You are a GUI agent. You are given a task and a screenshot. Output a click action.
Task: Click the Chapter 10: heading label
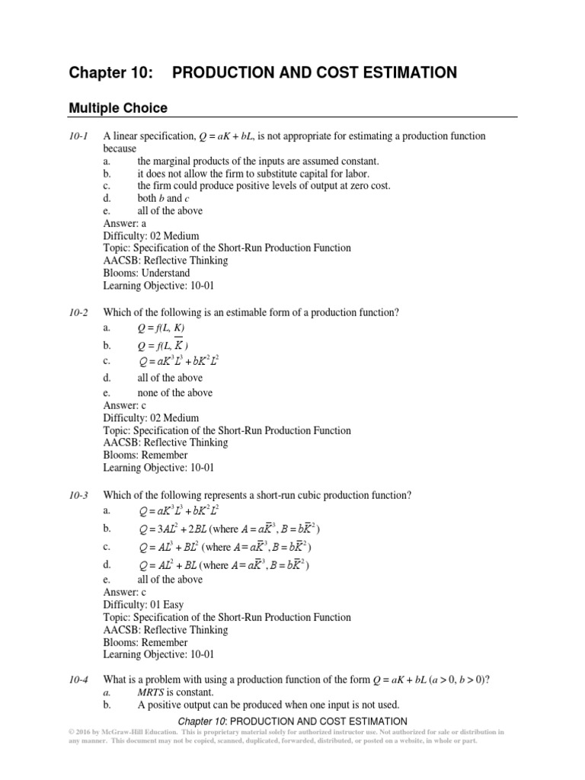coord(110,73)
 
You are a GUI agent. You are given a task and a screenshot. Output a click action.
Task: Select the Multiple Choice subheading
coord(118,108)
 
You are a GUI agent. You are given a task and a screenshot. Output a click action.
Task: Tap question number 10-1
coord(79,136)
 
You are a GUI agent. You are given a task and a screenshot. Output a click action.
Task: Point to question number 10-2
coord(79,313)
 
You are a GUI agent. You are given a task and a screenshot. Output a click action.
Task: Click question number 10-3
coord(79,495)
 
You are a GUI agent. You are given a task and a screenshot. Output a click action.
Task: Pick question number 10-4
coord(79,679)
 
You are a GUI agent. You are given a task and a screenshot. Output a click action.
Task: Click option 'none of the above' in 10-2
coord(174,393)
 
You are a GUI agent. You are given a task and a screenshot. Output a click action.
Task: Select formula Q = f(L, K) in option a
coord(161,328)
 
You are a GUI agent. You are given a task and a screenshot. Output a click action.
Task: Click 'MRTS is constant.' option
coord(176,692)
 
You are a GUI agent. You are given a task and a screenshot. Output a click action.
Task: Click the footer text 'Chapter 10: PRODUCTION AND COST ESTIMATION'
coord(292,721)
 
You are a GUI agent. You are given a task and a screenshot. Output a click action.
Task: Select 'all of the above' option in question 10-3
coord(170,580)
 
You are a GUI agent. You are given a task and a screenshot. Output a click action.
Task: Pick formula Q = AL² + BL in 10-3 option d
coord(169,565)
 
